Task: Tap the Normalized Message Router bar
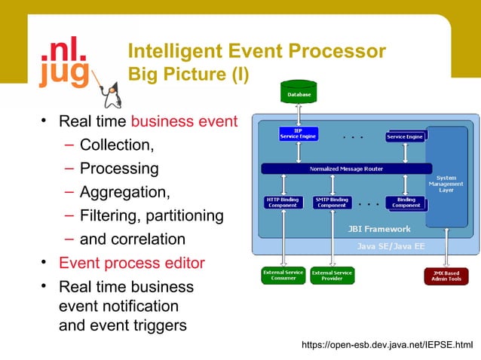(346, 169)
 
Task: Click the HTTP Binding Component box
(283, 202)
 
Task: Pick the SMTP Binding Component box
(332, 202)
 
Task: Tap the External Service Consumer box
(283, 275)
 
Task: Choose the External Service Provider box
(332, 275)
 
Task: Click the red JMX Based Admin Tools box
(446, 275)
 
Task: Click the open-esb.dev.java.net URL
(387, 345)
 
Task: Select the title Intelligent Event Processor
(257, 51)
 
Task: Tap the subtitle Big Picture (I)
(188, 75)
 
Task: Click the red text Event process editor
(131, 264)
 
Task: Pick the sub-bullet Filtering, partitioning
(151, 216)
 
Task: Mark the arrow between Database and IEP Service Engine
(299, 115)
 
